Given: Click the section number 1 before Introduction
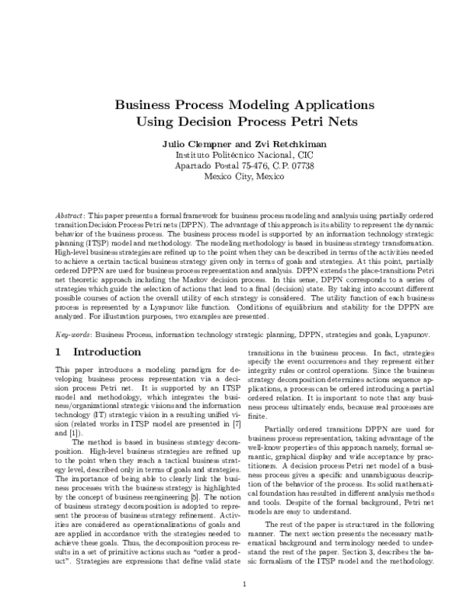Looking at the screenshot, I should [58, 353].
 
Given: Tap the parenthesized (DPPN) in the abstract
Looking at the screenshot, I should [187, 222].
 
